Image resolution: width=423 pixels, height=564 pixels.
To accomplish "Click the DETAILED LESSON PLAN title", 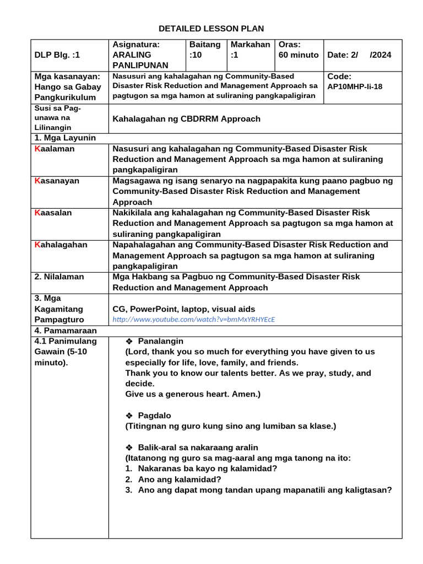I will (x=211, y=29).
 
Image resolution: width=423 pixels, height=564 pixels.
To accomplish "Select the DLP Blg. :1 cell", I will (x=57, y=55).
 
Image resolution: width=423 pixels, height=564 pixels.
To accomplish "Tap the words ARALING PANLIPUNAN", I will (x=140, y=60).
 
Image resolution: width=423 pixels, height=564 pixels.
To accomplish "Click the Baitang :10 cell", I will (x=204, y=50).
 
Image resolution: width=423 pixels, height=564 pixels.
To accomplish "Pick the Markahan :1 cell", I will (x=251, y=50).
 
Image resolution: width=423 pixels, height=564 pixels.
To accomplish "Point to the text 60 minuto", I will (x=299, y=55).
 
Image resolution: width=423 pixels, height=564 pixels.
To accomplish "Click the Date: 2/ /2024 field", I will (x=359, y=55).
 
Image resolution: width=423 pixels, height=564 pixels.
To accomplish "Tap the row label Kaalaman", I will (x=55, y=149).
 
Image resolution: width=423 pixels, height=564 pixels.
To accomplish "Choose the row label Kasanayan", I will (x=57, y=181).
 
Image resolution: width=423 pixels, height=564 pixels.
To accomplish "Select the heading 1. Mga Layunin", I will (x=65, y=138).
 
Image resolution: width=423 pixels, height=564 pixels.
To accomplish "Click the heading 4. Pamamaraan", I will (x=66, y=330).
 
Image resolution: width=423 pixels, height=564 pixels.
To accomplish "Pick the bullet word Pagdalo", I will (x=155, y=415).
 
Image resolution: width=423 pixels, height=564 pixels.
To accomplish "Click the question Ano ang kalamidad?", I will (x=180, y=479).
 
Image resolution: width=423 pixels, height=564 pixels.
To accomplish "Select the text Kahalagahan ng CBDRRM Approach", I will (x=186, y=118).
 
